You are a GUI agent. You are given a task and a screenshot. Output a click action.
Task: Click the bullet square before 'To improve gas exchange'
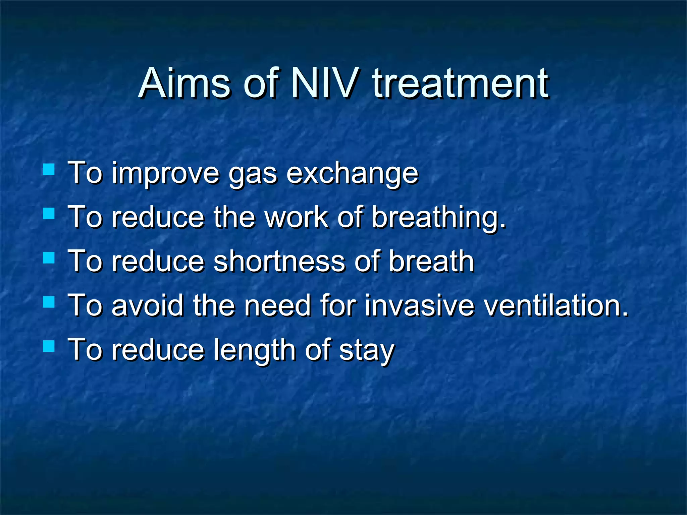(x=49, y=170)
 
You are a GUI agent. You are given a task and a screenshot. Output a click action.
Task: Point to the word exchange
(x=352, y=173)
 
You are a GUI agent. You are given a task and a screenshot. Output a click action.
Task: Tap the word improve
(x=165, y=173)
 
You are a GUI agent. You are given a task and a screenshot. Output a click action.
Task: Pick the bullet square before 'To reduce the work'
(x=49, y=214)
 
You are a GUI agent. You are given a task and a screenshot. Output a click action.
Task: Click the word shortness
(x=279, y=261)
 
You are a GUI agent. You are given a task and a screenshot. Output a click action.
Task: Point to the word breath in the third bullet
(x=431, y=261)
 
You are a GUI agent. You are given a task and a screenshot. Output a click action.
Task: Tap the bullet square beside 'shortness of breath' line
(x=49, y=258)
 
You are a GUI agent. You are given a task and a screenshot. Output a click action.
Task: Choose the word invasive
(x=419, y=305)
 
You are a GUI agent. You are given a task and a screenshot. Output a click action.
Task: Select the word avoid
(x=148, y=305)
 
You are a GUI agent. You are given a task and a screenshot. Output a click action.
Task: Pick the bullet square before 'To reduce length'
(x=49, y=346)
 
